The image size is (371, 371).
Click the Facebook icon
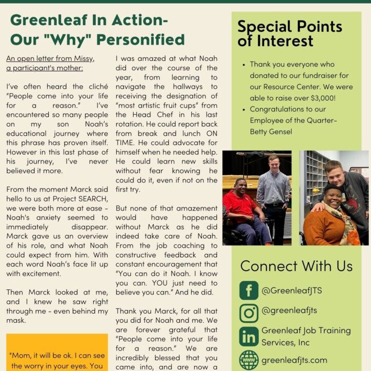[x=249, y=291]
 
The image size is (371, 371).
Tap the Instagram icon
[x=249, y=313]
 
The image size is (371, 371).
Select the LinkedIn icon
[x=249, y=336]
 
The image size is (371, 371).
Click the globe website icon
[x=249, y=360]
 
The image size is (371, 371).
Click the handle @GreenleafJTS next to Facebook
[x=291, y=291]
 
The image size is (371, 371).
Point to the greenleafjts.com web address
[x=294, y=360]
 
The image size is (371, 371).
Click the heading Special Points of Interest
[x=290, y=33]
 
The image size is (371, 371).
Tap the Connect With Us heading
[x=296, y=266]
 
